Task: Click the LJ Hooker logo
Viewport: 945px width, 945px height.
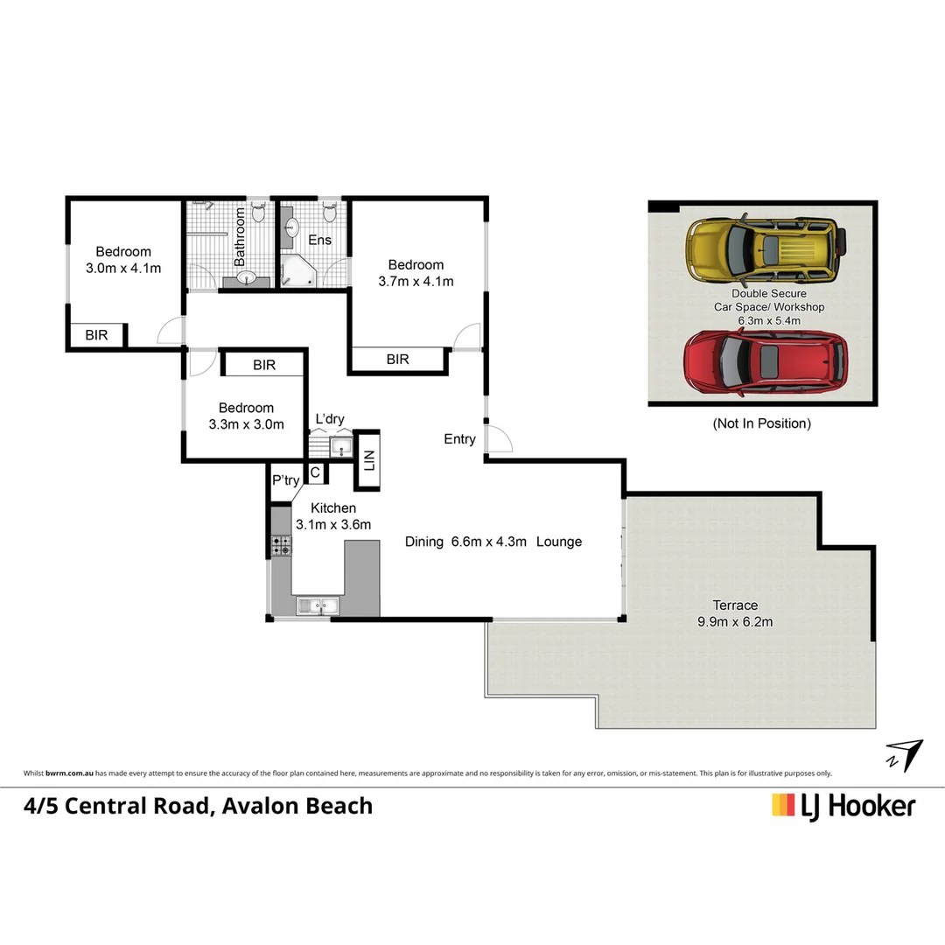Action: [x=843, y=805]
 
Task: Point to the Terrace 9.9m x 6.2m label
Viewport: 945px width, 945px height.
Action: [x=735, y=613]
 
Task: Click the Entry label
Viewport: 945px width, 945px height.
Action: [x=459, y=439]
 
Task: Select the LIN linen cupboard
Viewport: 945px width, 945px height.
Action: [x=367, y=459]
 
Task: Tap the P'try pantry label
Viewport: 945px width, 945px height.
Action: [x=285, y=480]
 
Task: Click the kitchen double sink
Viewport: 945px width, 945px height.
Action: [x=318, y=605]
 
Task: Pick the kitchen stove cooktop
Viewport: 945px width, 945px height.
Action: [x=282, y=546]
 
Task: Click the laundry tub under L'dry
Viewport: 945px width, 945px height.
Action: [x=340, y=448]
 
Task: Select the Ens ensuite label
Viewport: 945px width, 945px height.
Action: [x=319, y=240]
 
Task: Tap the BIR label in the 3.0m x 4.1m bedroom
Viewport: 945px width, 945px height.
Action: [x=97, y=335]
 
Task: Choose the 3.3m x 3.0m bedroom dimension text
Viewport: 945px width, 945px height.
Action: [x=247, y=425]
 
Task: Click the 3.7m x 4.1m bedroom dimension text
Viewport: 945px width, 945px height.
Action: [x=416, y=281]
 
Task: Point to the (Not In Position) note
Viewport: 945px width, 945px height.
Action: [x=761, y=423]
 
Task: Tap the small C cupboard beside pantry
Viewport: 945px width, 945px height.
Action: [x=315, y=473]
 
